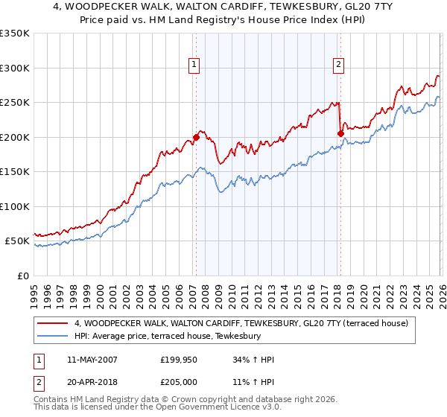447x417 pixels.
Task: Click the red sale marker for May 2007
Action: (196, 137)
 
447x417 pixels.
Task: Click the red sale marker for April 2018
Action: (340, 133)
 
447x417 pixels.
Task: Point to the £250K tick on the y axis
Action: (15, 103)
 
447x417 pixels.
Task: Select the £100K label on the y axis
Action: (15, 207)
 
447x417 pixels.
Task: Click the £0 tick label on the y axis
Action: (21, 276)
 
